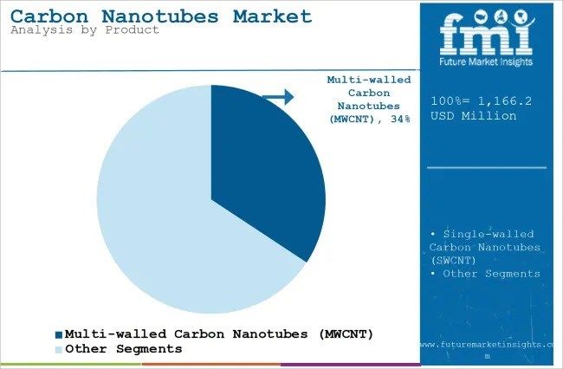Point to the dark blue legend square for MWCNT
59,334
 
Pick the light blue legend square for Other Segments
59,349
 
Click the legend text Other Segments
124,349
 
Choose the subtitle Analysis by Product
85,30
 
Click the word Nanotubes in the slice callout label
359,106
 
